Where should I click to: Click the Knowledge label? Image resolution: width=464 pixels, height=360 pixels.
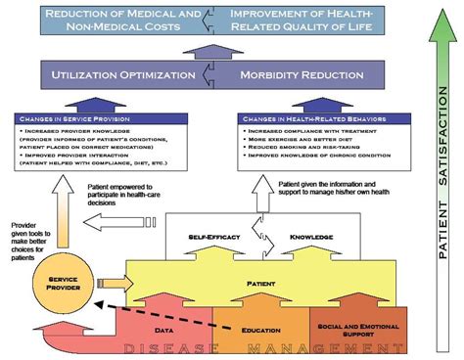(x=310, y=238)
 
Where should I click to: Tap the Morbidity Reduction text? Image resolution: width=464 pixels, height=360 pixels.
(x=293, y=73)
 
